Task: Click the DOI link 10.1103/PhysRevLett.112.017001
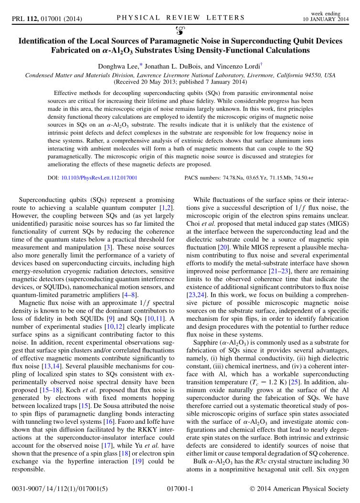pos(99,178)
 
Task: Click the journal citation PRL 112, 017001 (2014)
pos(47,19)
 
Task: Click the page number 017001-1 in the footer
pos(180,489)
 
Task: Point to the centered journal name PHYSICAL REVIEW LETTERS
pos(180,18)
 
